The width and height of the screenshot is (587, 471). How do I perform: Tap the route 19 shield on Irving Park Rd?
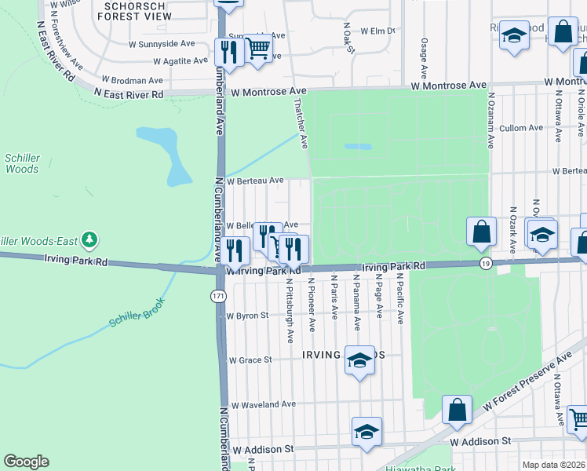tap(486, 265)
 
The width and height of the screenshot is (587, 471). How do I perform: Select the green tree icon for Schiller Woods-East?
tap(90, 238)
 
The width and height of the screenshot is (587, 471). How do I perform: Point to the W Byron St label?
tap(247, 316)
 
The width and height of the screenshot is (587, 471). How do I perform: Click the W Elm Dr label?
tap(377, 31)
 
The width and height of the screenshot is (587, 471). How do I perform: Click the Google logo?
tap(26, 461)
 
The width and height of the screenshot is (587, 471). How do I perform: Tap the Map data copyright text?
tap(552, 465)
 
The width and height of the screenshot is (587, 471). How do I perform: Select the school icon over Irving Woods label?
tap(359, 360)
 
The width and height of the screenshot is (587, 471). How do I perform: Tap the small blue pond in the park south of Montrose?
tap(358, 146)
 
